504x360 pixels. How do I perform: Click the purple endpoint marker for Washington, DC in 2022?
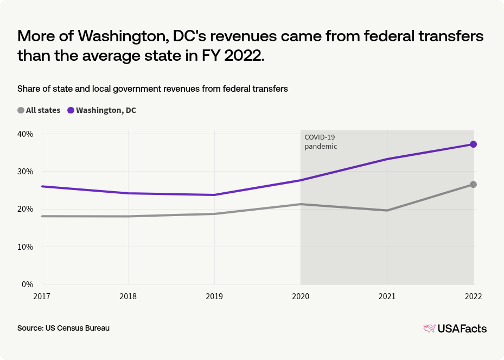point(473,144)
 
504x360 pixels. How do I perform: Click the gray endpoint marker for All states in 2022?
point(473,185)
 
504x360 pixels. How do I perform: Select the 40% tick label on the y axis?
point(25,134)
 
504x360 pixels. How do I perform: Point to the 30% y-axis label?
point(25,172)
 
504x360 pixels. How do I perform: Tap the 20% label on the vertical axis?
point(25,209)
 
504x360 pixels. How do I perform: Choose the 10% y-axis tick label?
point(25,247)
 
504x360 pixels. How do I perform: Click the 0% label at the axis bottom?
point(28,284)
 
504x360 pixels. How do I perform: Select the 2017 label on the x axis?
point(42,296)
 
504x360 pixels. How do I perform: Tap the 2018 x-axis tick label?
point(128,296)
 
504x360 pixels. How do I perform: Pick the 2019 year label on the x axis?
point(214,296)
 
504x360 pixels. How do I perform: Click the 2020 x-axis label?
point(301,296)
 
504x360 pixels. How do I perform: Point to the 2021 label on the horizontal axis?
point(387,296)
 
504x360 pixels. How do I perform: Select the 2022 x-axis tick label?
point(473,296)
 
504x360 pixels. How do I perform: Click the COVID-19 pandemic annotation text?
point(321,142)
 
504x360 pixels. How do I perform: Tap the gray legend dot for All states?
point(21,110)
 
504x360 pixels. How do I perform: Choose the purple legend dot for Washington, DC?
point(71,110)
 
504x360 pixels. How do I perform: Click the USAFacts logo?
point(455,329)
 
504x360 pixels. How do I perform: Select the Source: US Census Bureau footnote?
point(63,329)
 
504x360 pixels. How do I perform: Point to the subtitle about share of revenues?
point(152,89)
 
